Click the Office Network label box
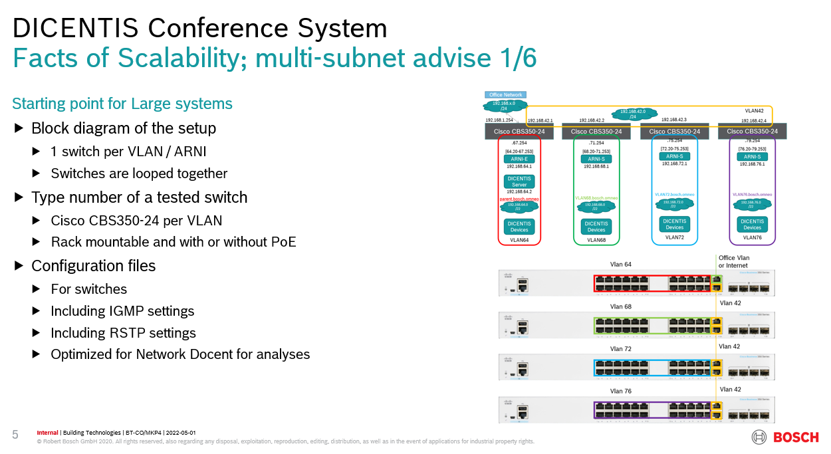[x=506, y=95]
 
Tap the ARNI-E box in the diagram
[x=519, y=159]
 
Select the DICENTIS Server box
[x=519, y=181]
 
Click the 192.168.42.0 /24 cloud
[x=632, y=114]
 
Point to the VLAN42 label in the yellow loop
[x=754, y=111]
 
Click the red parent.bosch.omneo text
[x=519, y=199]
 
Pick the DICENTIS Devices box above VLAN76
[x=752, y=225]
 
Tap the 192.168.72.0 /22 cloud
[x=675, y=204]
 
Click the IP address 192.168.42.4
[x=754, y=121]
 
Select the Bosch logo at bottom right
[x=785, y=437]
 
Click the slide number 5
[x=15, y=435]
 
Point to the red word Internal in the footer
[x=47, y=433]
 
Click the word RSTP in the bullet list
[x=126, y=333]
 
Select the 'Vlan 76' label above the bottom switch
[x=620, y=391]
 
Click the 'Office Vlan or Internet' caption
[x=733, y=261]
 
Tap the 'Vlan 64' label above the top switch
[x=620, y=265]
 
